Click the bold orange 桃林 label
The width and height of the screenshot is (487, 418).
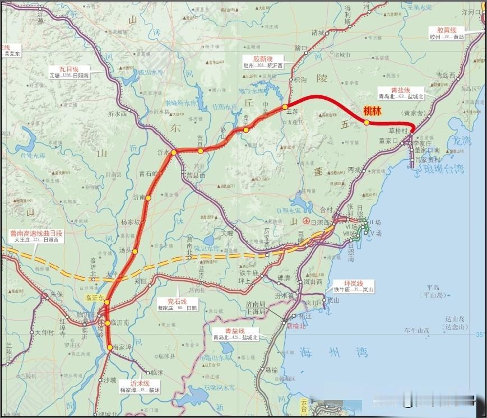pyautogui.click(x=372, y=111)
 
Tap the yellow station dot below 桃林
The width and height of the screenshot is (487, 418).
pyautogui.click(x=366, y=123)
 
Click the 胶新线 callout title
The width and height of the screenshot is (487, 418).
pyautogui.click(x=263, y=59)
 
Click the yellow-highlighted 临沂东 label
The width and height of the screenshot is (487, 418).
pyautogui.click(x=95, y=298)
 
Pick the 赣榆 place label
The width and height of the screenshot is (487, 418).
pyautogui.click(x=271, y=370)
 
